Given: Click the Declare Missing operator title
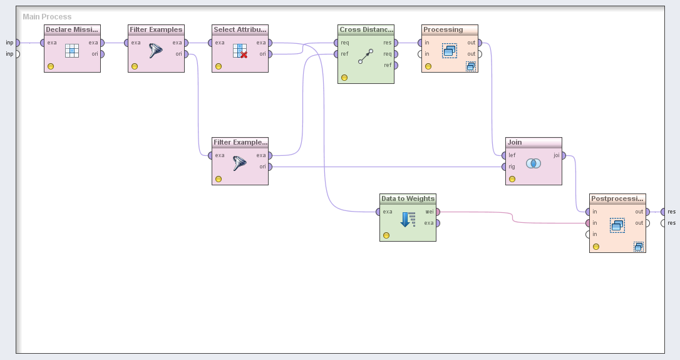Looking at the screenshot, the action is tap(72, 29).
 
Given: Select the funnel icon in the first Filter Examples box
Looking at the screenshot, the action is tap(156, 51).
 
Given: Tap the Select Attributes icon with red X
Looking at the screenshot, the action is tap(240, 51).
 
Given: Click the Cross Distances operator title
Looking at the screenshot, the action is tap(366, 29).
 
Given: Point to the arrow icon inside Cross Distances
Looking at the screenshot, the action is tap(366, 56).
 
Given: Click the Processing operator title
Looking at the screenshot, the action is tap(443, 29).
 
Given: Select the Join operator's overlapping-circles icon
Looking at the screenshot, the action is tap(533, 163).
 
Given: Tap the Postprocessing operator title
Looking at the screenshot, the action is tap(617, 198).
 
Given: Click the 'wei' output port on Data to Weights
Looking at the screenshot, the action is tap(438, 212).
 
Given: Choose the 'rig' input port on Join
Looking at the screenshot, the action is tap(504, 167).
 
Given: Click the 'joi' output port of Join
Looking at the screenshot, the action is tap(563, 156).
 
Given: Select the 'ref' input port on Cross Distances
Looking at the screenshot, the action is tap(336, 54).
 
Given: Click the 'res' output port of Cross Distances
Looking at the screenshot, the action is tap(395, 43).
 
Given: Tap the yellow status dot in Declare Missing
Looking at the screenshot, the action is tap(51, 66).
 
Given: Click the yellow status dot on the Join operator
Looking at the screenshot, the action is tap(512, 179).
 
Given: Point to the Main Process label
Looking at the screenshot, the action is tap(47, 17).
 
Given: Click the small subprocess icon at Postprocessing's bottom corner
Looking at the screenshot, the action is tap(639, 247).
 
